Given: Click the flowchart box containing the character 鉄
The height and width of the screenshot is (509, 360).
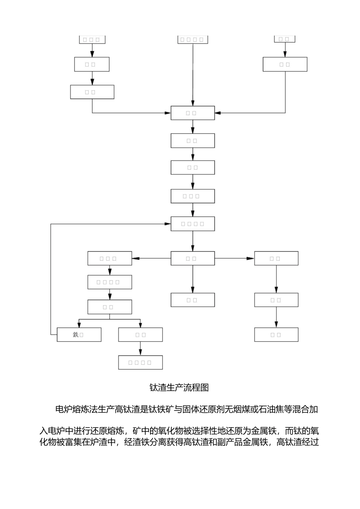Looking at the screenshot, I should (x=79, y=335).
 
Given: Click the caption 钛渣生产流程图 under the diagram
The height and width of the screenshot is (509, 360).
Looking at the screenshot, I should (x=179, y=387).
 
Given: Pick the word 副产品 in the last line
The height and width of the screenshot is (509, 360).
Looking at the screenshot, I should (x=239, y=442).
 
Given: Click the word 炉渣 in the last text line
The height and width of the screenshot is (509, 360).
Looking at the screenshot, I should (x=107, y=442).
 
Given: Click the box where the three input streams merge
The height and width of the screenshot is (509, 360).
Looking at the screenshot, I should (x=193, y=113).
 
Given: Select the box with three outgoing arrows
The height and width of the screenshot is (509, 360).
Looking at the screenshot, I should (x=193, y=258).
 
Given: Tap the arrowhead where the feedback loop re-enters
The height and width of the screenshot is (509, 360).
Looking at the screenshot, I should (x=167, y=224).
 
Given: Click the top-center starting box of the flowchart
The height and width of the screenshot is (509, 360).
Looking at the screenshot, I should (x=193, y=39).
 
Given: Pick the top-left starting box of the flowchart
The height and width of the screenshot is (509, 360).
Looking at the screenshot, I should (x=92, y=39).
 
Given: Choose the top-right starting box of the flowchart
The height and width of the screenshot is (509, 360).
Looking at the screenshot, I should (x=285, y=39).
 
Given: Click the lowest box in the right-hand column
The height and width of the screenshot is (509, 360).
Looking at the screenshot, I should (x=276, y=335).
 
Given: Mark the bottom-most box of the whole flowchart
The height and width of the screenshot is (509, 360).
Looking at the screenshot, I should (x=140, y=362).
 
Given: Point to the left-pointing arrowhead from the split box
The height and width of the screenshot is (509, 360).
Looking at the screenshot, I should (x=136, y=258).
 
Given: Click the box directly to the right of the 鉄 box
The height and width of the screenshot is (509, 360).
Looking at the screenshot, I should (x=140, y=335).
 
